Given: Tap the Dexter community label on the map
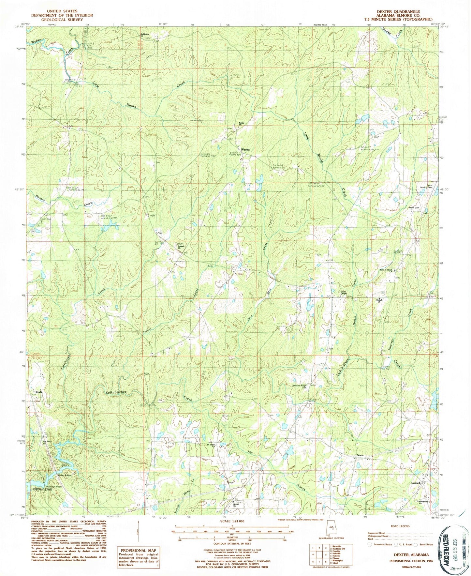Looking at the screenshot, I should coord(360,455).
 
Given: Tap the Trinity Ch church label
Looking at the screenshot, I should coord(242,124).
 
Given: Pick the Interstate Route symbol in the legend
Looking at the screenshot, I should coord(369,544).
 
